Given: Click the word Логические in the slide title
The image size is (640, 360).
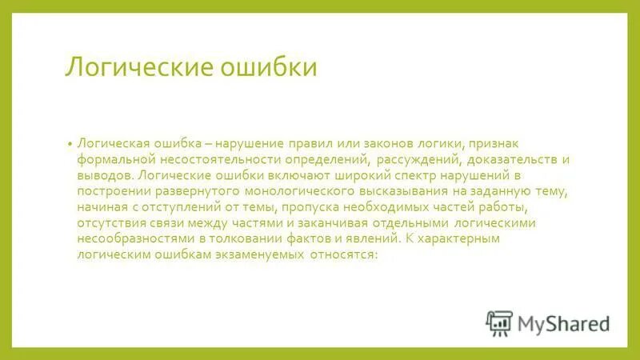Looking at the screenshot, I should [x=133, y=67].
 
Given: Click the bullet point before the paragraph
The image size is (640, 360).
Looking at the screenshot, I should [x=70, y=143].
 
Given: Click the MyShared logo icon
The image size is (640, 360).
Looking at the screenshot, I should [x=498, y=322].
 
